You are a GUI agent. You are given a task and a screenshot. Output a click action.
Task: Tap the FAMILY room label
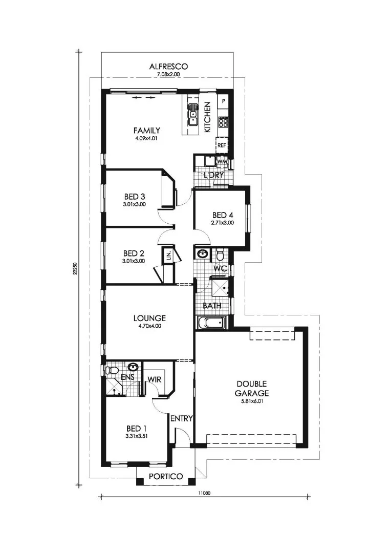point(147,131)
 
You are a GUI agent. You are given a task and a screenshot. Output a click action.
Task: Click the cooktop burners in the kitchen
point(223,122)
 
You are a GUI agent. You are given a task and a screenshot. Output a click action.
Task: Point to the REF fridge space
point(222,145)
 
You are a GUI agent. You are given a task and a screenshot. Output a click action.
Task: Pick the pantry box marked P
point(223,101)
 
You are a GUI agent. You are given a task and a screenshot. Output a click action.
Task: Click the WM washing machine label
point(222,161)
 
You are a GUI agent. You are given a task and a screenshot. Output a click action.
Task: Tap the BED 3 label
point(134,197)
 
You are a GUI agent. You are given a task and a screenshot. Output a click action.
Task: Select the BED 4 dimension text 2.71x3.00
point(222,223)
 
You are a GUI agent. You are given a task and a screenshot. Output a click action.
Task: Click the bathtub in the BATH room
point(211,322)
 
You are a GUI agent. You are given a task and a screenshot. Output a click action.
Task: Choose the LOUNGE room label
point(149,318)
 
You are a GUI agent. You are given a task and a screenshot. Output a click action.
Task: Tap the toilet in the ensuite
point(112,370)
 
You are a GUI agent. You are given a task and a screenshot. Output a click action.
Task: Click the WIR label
point(155,379)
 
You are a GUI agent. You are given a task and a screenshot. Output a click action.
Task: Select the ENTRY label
point(181,419)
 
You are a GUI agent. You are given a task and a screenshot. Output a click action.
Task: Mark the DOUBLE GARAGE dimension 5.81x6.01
point(252,401)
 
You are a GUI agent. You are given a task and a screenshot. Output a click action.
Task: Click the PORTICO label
point(166,477)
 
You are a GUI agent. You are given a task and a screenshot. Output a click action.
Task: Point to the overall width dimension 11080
point(204,493)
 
